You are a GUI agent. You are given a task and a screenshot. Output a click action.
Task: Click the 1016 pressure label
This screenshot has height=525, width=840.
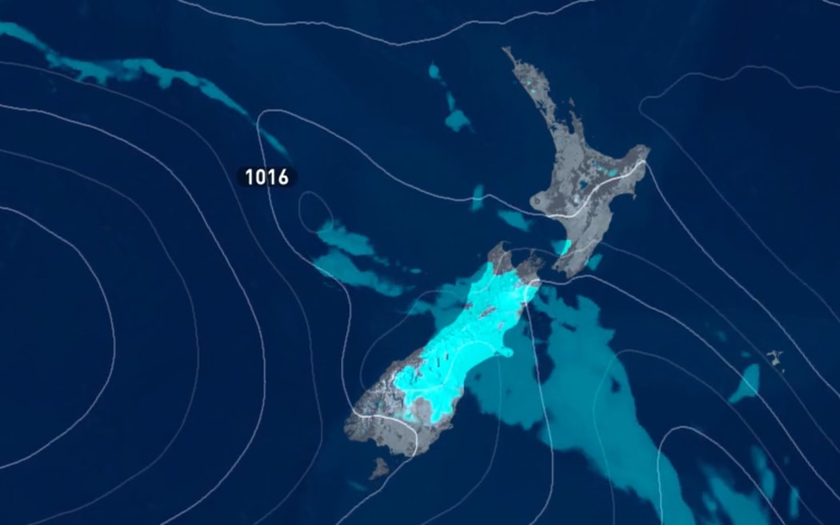[266, 177]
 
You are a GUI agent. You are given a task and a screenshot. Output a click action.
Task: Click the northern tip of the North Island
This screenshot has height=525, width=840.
[506, 51]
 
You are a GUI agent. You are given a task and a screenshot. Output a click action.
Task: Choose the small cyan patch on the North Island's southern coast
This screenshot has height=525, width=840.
[563, 247]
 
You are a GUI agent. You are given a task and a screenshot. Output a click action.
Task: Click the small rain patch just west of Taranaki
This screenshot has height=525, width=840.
[513, 219]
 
